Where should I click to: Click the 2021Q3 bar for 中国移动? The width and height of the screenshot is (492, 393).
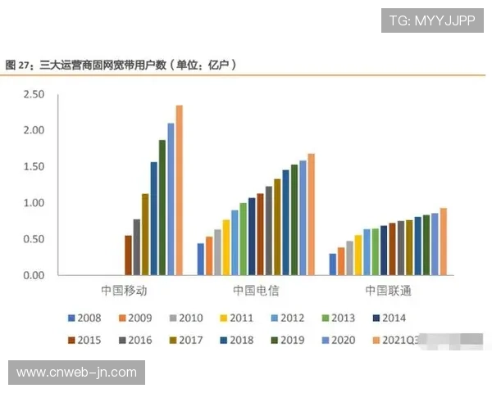point(179,190)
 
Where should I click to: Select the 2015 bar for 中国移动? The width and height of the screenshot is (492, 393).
point(128,255)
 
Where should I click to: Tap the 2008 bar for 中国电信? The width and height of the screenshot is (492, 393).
point(200,259)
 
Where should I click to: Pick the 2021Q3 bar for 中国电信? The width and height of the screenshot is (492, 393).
point(311,215)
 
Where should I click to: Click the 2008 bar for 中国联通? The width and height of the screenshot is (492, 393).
point(332,264)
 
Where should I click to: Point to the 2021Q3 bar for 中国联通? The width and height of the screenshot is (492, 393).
point(443,242)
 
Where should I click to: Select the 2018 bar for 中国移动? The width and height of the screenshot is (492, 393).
point(153,219)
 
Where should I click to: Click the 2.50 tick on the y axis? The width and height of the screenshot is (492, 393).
point(34,95)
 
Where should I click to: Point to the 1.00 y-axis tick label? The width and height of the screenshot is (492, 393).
point(34,203)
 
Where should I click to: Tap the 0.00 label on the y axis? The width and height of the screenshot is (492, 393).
point(34,276)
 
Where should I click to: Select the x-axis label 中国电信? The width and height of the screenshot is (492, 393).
point(255,291)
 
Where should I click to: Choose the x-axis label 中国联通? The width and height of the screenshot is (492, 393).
point(387,291)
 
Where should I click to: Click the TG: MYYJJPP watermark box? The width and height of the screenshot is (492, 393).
point(433,20)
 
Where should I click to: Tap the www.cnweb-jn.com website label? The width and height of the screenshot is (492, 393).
point(78,373)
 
